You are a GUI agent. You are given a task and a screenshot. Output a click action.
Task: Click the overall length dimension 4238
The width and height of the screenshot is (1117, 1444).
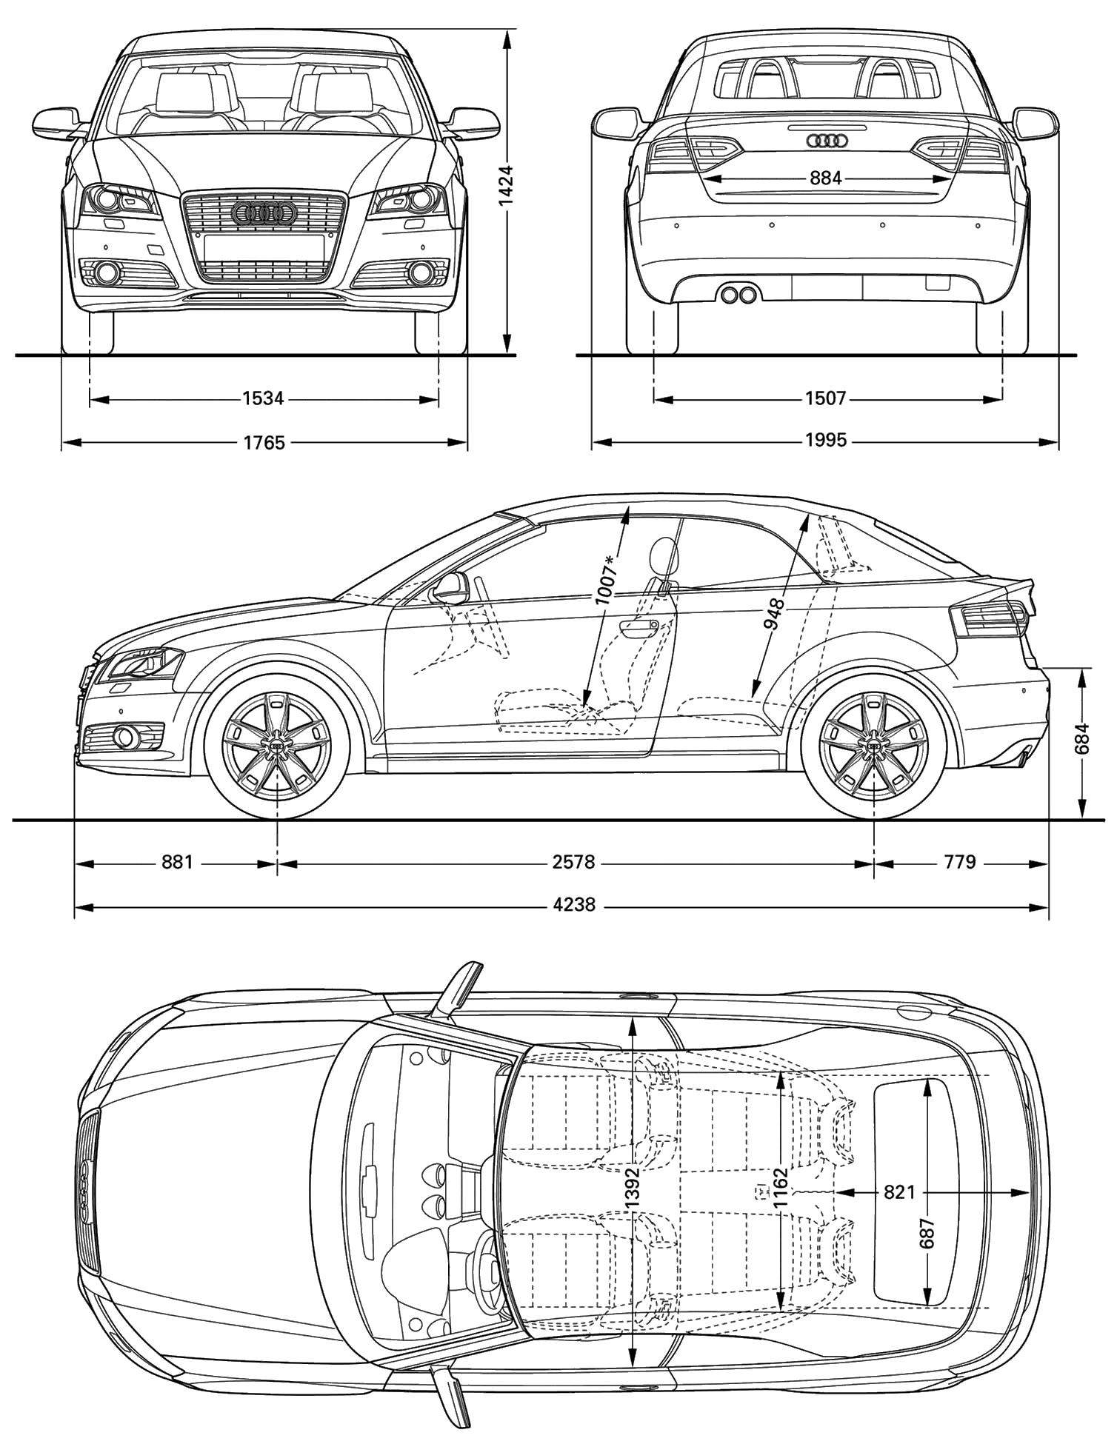pyautogui.click(x=573, y=905)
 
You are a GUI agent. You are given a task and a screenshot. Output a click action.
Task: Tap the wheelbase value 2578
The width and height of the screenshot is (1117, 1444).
pyautogui.click(x=573, y=862)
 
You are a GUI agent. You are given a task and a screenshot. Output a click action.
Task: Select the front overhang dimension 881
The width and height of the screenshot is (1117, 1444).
pyautogui.click(x=177, y=862)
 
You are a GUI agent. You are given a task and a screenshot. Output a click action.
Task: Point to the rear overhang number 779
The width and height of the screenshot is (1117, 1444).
pyautogui.click(x=961, y=862)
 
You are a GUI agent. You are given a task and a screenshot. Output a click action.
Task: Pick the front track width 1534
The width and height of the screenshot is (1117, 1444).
pyautogui.click(x=263, y=398)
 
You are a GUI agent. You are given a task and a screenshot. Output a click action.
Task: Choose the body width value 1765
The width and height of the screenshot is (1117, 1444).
pyautogui.click(x=264, y=442)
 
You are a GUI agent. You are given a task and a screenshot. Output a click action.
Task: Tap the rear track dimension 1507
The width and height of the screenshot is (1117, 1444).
pyautogui.click(x=825, y=398)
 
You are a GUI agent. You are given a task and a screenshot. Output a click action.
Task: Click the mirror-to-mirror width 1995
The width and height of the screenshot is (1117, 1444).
pyautogui.click(x=825, y=441)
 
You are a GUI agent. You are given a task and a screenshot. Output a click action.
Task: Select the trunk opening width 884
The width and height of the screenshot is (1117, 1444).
pyautogui.click(x=825, y=178)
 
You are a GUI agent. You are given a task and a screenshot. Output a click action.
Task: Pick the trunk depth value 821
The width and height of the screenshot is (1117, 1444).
pyautogui.click(x=899, y=1192)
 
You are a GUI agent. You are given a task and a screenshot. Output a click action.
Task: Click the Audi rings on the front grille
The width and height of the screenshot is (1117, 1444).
pyautogui.click(x=264, y=213)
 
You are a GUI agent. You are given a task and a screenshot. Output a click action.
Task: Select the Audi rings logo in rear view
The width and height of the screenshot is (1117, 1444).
pyautogui.click(x=826, y=140)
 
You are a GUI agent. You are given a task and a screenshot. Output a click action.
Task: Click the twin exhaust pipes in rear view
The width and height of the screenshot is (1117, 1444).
pyautogui.click(x=738, y=295)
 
